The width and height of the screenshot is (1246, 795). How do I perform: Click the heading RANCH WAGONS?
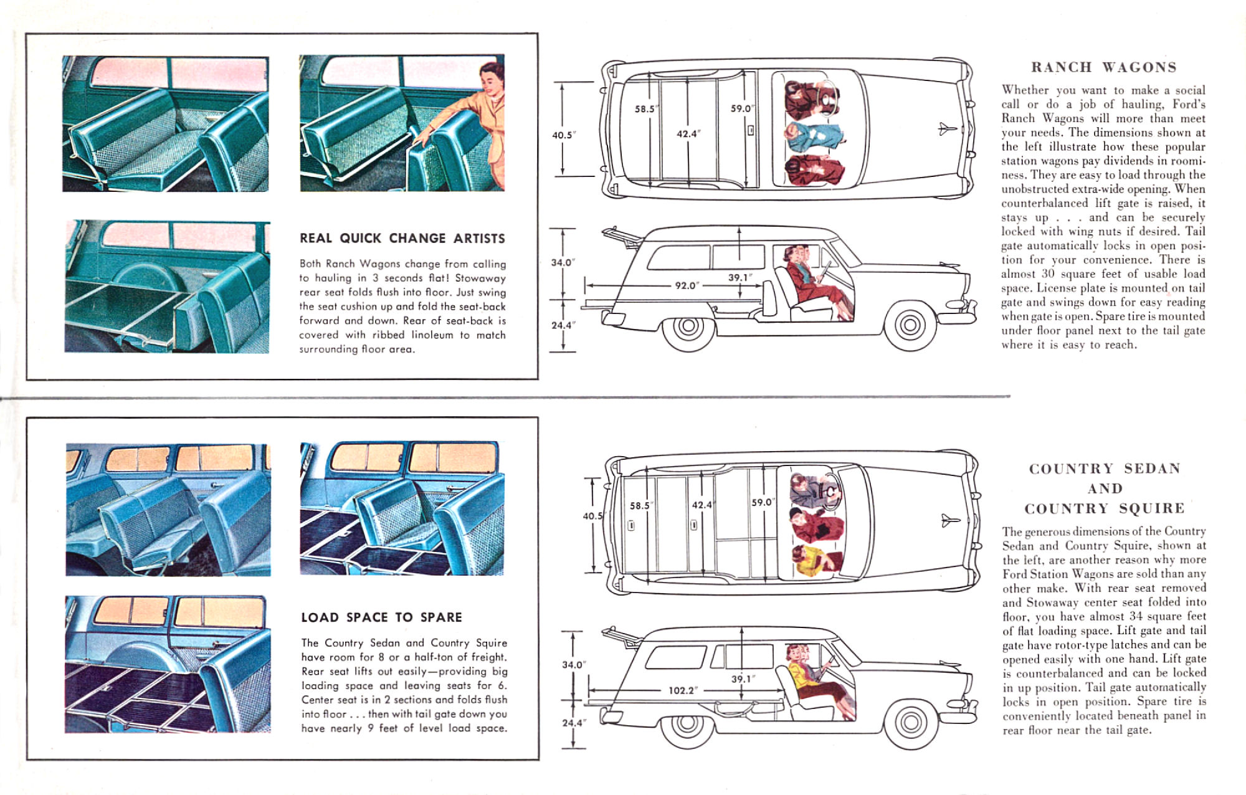coord(1103,67)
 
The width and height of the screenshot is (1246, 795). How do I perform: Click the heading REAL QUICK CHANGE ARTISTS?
coord(402,238)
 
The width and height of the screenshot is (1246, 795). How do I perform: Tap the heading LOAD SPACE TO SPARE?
coord(381,617)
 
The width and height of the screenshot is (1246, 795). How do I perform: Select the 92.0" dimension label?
coord(687,285)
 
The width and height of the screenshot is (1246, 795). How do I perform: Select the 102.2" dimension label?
coord(682,690)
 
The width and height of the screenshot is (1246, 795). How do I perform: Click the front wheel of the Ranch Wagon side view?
coord(910,325)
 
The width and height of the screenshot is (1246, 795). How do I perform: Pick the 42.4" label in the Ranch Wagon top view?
coord(688,133)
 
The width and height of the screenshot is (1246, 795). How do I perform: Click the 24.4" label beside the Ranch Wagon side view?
coord(563,325)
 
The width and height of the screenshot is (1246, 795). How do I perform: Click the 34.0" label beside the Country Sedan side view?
coord(573,665)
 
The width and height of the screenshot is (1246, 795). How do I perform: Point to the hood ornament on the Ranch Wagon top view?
coord(948,129)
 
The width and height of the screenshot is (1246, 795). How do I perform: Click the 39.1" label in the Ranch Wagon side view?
coord(740,277)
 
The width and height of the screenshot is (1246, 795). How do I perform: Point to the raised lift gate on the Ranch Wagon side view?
coord(622,236)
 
